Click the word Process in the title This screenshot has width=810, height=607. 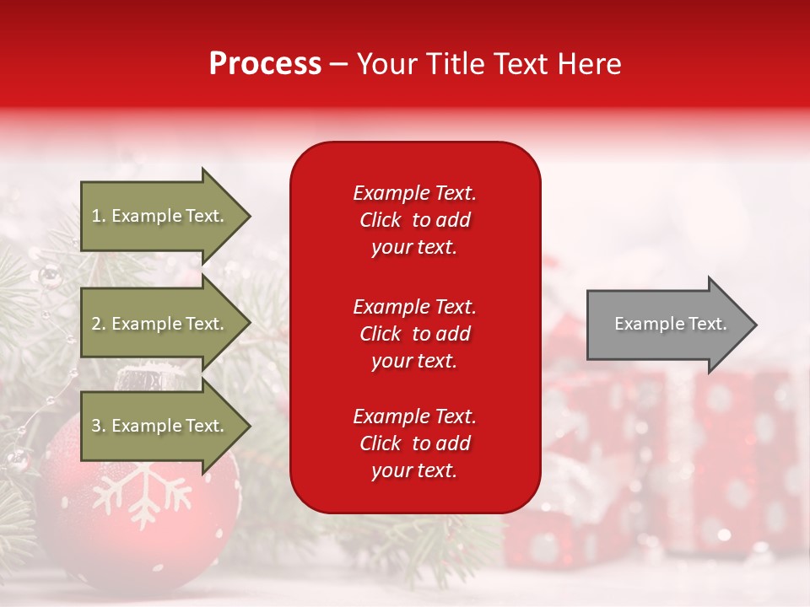click(265, 64)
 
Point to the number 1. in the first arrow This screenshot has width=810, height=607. click(99, 216)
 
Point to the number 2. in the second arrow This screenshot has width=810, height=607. click(99, 324)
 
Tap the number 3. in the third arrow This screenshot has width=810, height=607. click(99, 426)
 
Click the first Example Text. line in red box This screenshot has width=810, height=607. click(414, 193)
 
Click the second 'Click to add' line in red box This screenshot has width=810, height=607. click(414, 334)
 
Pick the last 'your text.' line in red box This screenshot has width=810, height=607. click(414, 471)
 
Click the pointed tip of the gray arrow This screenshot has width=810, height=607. click(755, 325)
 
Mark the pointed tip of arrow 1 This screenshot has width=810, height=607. click(249, 216)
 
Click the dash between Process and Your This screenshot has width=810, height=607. click(338, 64)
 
